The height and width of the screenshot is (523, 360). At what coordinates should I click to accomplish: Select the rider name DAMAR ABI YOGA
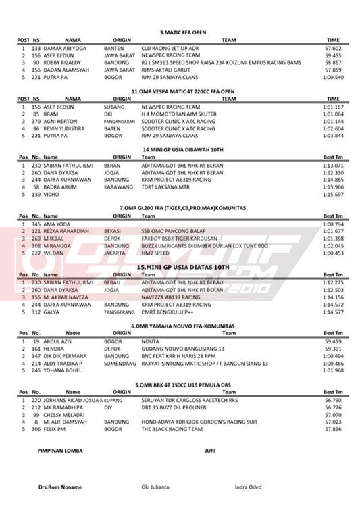tap(66, 49)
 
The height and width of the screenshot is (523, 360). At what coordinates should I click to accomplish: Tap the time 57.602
tap(332, 49)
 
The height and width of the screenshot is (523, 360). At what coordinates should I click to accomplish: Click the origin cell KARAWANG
tap(118, 187)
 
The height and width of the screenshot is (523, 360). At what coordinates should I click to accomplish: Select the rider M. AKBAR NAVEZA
tap(68, 297)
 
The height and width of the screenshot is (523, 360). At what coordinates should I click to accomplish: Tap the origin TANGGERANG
tap(119, 312)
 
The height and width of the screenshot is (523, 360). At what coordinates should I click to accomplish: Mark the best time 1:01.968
tap(333, 370)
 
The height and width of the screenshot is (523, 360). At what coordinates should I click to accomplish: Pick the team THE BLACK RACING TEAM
tap(168, 429)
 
